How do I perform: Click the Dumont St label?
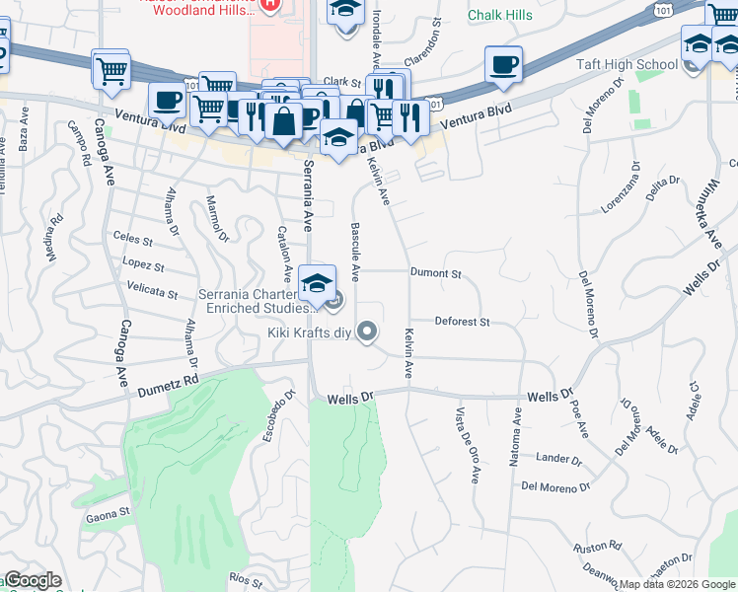tap(436, 272)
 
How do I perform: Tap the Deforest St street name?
tap(463, 322)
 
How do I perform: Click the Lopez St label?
tap(143, 264)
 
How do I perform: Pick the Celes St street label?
tap(133, 239)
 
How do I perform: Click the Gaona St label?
tap(109, 512)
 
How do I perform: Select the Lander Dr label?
tap(558, 458)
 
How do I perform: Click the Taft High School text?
tap(627, 65)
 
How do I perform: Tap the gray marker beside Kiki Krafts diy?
tap(367, 332)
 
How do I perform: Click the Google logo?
tap(33, 581)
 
